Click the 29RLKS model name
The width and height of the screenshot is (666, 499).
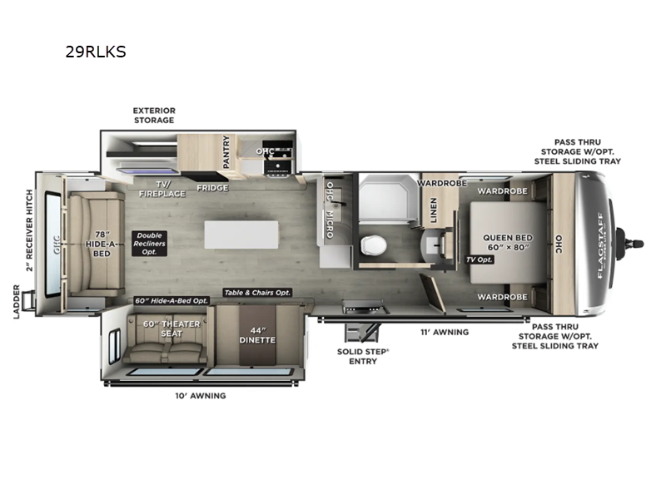96,52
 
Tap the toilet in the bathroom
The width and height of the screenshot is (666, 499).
373,245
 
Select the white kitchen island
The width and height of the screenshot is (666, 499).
241,235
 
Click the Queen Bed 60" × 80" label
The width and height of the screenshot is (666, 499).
508,242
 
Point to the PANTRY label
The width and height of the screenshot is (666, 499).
226,152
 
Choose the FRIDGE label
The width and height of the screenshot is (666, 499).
212,188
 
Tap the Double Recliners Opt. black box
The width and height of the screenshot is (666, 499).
149,244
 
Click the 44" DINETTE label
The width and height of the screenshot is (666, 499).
257,335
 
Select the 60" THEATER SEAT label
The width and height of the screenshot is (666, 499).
171,329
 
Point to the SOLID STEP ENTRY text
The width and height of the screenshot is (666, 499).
363,357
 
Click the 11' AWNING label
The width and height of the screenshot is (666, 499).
445,332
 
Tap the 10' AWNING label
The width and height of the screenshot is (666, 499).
201,396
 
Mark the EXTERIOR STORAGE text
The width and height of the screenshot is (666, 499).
154,116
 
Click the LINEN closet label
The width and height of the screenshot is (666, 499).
433,210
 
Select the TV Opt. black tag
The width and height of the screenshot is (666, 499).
480,259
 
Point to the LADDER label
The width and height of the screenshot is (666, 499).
16,302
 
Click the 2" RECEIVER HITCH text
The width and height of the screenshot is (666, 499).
29,230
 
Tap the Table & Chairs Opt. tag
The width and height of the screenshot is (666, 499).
257,293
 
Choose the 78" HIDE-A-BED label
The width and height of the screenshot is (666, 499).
102,244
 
